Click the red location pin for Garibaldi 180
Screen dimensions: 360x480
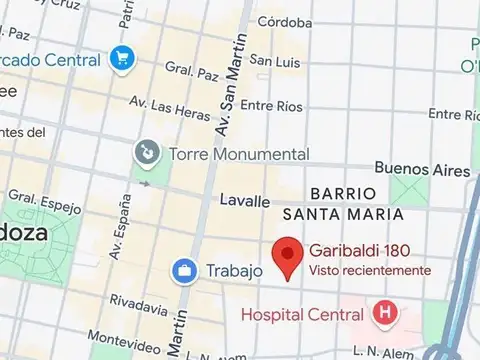[x=289, y=258]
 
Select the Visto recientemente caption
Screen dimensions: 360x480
[x=370, y=270]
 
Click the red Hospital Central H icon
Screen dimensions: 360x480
[x=383, y=314]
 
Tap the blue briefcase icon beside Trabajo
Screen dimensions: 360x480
[x=184, y=270]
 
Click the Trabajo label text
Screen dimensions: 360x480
[x=234, y=270]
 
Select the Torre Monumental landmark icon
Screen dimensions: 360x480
[x=147, y=154]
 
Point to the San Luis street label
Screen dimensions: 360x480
[x=274, y=61]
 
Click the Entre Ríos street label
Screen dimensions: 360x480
[x=271, y=104]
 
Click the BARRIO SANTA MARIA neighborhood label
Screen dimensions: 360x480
[x=342, y=203]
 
